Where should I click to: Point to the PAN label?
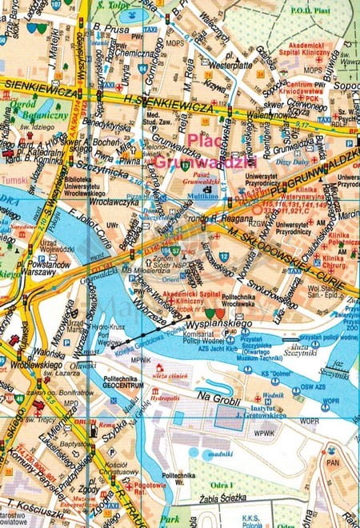click(331, 462)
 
